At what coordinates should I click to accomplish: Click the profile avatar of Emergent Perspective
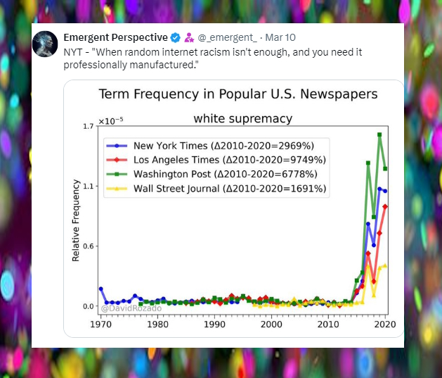pos(46,44)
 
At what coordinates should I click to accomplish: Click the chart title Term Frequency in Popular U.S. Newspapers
pos(238,94)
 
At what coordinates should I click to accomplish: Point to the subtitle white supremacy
pos(242,118)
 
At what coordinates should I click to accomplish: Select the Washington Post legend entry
pos(219,174)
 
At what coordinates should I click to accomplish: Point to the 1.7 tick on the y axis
pos(88,127)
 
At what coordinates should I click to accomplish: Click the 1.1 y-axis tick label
pos(88,186)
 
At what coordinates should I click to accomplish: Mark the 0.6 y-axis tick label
pos(88,246)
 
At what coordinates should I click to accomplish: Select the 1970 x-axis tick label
pos(100,325)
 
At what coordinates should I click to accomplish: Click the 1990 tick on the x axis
pos(214,325)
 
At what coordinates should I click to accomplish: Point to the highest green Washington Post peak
pos(379,134)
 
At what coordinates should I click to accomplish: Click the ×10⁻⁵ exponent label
pos(111,121)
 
